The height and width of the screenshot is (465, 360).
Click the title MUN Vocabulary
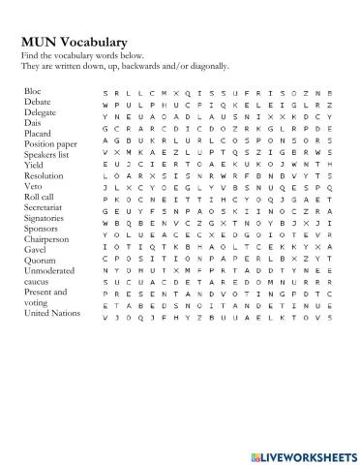click(x=74, y=43)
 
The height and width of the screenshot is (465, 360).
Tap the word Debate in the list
click(x=38, y=101)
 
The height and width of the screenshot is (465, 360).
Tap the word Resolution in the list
click(x=44, y=180)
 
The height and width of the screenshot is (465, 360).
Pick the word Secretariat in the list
click(x=45, y=214)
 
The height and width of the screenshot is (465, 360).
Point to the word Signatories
click(x=45, y=226)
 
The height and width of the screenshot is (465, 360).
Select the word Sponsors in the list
click(x=42, y=236)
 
